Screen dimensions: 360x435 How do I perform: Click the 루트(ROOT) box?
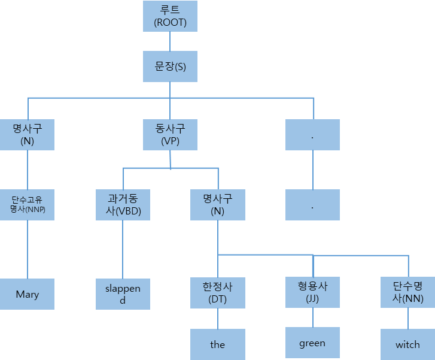click(x=171, y=16)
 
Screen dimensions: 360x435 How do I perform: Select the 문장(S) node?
click(x=171, y=66)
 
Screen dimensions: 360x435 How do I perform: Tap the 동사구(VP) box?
click(x=171, y=135)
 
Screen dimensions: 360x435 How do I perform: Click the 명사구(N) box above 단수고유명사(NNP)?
click(x=28, y=135)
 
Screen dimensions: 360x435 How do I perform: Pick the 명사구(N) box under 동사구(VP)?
click(x=218, y=205)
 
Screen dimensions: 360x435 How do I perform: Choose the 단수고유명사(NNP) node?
click(x=28, y=205)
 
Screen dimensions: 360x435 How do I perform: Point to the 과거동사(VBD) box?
click(x=123, y=205)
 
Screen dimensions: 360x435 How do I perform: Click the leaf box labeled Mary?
click(x=28, y=294)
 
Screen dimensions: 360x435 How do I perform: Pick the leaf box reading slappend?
click(x=123, y=294)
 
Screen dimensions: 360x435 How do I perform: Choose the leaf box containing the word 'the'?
click(x=218, y=344)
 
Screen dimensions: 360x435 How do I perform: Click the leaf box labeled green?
click(x=312, y=343)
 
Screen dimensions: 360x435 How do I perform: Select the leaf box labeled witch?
click(x=408, y=344)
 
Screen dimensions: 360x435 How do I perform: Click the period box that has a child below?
click(x=312, y=135)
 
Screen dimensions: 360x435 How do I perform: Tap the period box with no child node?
click(x=312, y=205)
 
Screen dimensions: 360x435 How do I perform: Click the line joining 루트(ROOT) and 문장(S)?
click(x=171, y=41)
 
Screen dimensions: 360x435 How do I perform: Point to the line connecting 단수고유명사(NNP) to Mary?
click(x=28, y=249)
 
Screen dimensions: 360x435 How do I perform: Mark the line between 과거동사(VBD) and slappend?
click(x=123, y=249)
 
